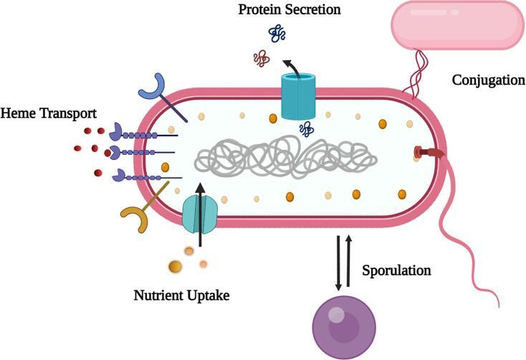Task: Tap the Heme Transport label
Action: click(49, 113)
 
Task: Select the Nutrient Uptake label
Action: click(181, 294)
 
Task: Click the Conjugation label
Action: click(488, 80)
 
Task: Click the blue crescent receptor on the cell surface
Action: click(152, 87)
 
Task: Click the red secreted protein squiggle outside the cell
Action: click(262, 60)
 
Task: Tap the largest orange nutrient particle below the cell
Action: click(175, 267)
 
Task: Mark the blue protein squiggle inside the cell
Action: click(306, 129)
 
